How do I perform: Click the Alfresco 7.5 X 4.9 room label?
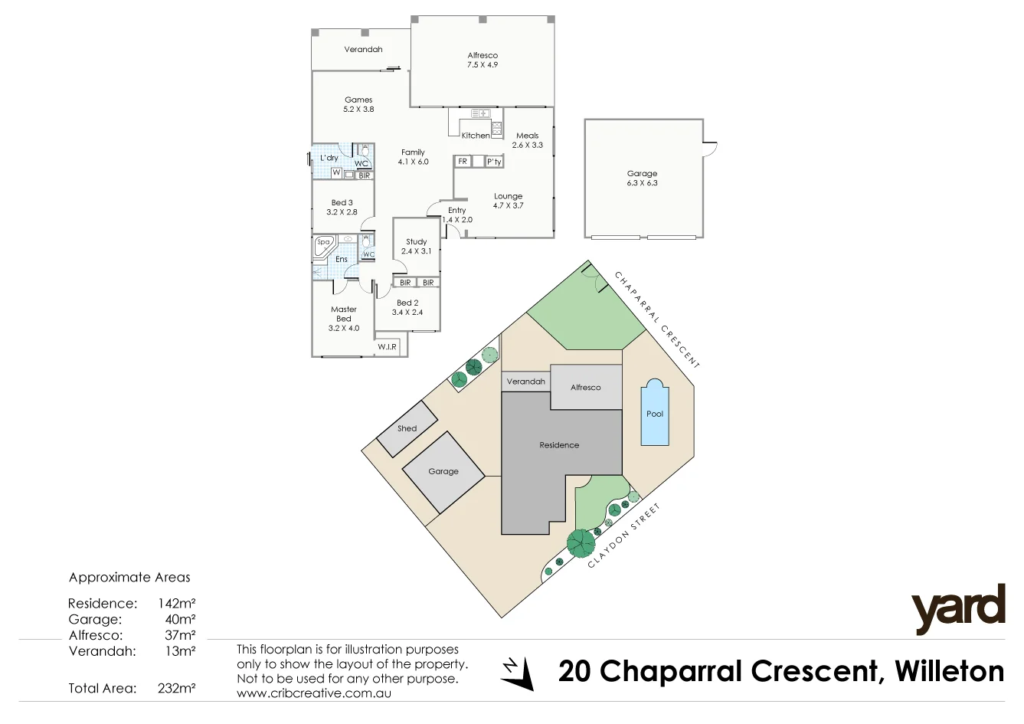click(x=483, y=60)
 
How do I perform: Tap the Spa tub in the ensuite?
click(x=324, y=246)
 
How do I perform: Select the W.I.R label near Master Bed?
click(x=387, y=347)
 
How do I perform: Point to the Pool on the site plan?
click(x=655, y=413)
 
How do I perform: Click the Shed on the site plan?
click(x=407, y=428)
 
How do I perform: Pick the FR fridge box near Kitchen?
click(x=463, y=162)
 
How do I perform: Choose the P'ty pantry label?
click(x=494, y=162)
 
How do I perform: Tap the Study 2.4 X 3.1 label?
click(x=417, y=246)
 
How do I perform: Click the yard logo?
click(x=957, y=608)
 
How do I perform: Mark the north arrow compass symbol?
click(x=518, y=673)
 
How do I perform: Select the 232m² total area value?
click(x=176, y=688)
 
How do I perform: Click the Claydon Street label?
click(x=623, y=536)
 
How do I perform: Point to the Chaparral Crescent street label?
click(x=657, y=319)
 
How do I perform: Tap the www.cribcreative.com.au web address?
click(x=314, y=693)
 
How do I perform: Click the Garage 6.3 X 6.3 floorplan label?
click(x=642, y=178)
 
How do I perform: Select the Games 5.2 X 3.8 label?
click(x=358, y=104)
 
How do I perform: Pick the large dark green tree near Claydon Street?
click(x=581, y=543)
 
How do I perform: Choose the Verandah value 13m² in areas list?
click(x=182, y=651)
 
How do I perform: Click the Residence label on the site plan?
click(x=559, y=444)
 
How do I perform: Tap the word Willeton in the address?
click(x=949, y=672)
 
